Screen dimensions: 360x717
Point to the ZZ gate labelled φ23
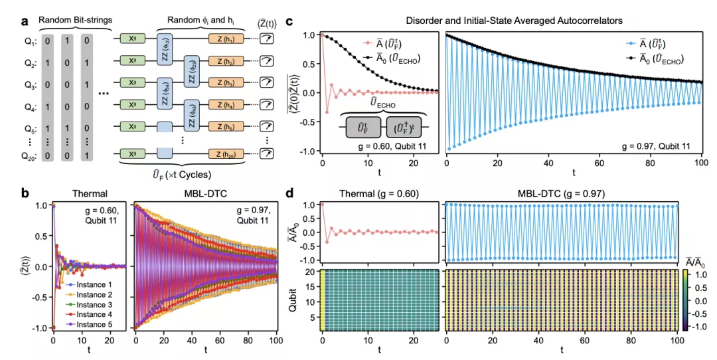(x=191, y=71)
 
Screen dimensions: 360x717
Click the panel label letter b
(x=7, y=195)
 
